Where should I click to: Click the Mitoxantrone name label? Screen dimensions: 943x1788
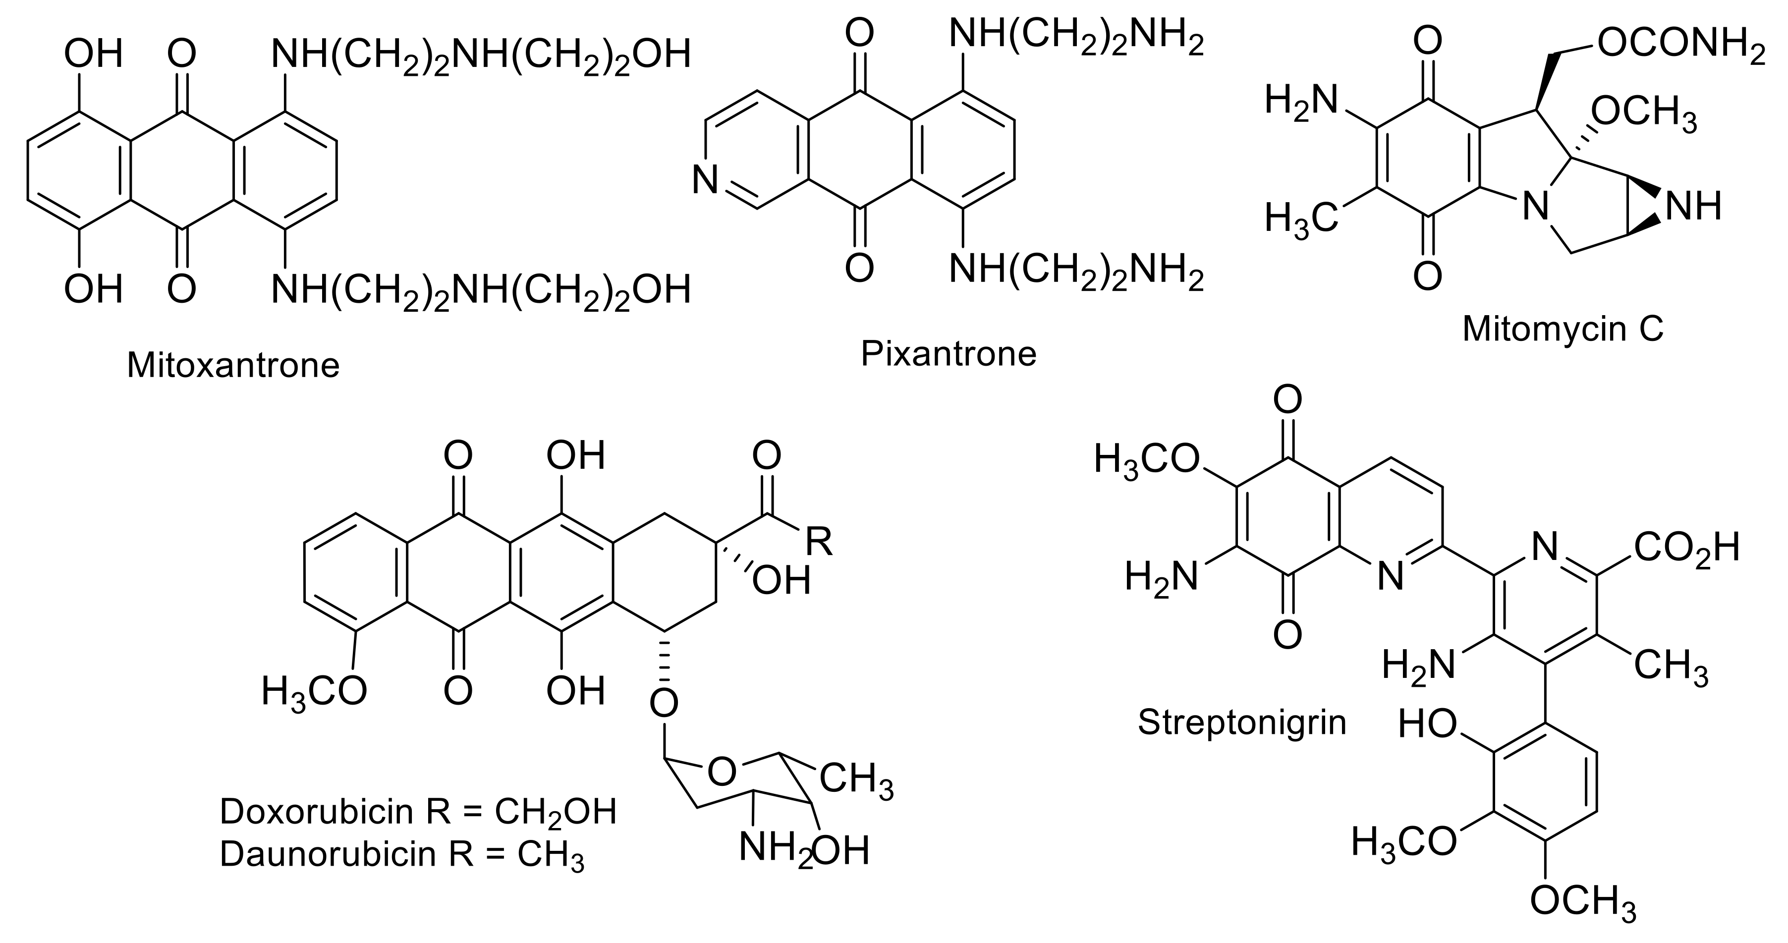pyautogui.click(x=233, y=365)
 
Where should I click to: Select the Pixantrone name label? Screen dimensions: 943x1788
pyautogui.click(x=948, y=354)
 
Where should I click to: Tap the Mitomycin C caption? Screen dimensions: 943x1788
pyautogui.click(x=1563, y=329)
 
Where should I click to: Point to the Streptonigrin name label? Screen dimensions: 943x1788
pyautogui.click(x=1242, y=722)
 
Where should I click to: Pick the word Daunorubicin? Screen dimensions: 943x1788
pyautogui.click(x=327, y=854)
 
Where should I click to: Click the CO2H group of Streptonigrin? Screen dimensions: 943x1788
pyautogui.click(x=1687, y=548)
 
